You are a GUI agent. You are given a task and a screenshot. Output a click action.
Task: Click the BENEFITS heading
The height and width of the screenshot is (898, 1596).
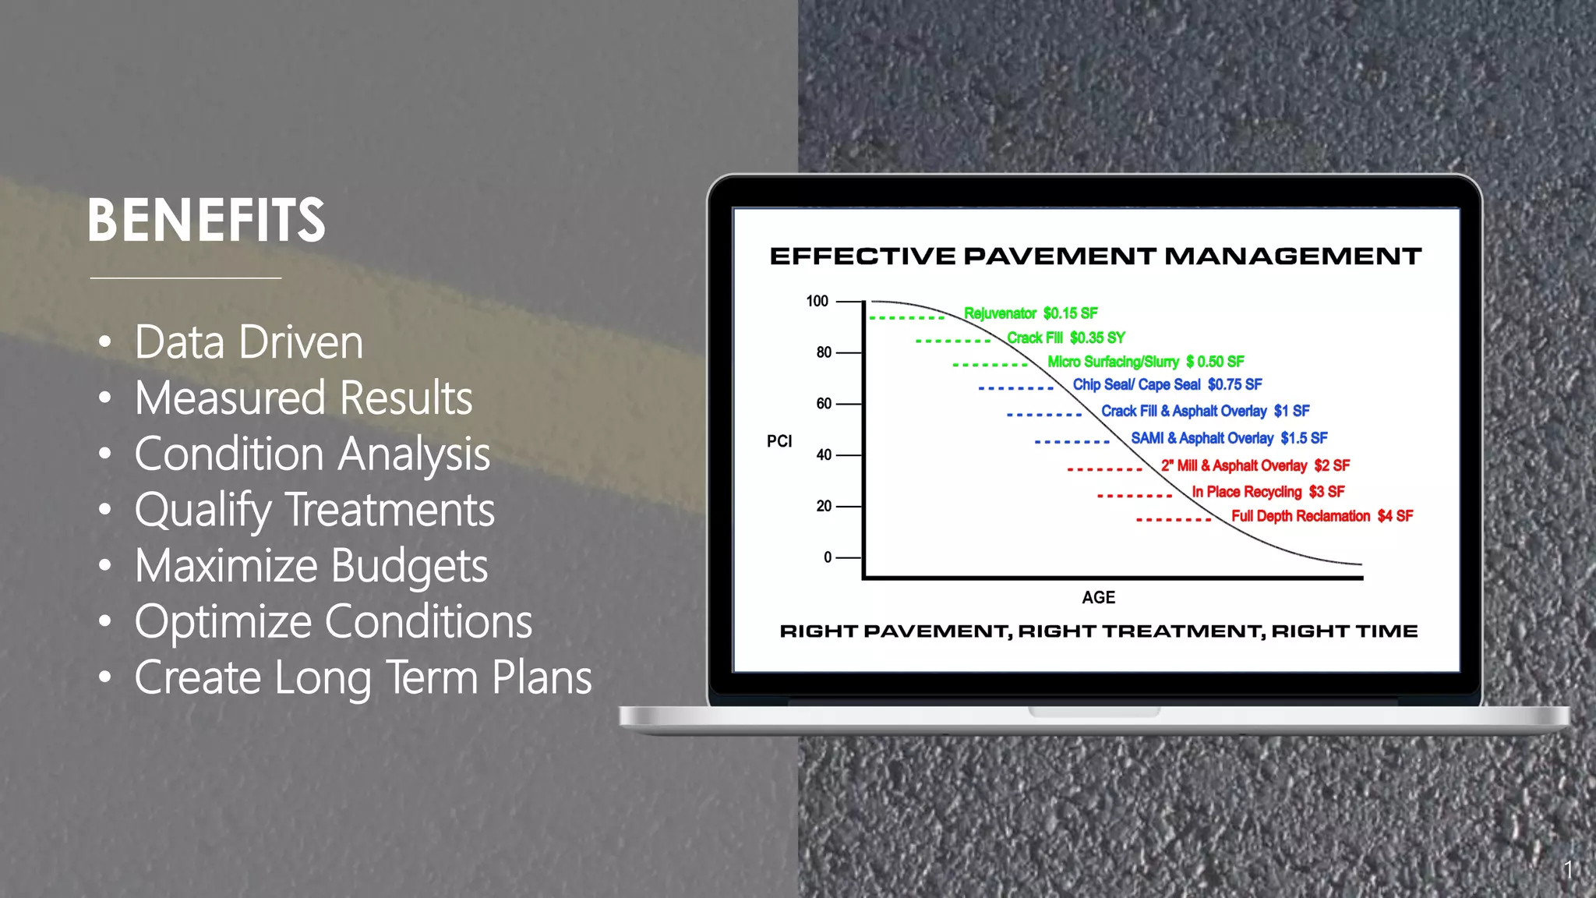coord(207,221)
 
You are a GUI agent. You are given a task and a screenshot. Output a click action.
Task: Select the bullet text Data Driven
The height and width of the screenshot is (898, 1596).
coord(249,342)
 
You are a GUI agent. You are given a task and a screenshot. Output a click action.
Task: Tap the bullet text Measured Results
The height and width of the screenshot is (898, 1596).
coord(303,398)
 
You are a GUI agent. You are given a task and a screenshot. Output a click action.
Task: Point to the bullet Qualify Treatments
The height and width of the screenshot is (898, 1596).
coord(314,511)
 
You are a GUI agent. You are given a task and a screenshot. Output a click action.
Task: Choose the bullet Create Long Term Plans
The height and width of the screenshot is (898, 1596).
coord(363,677)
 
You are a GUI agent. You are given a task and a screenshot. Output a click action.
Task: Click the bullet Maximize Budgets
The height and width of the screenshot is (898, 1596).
coord(311,566)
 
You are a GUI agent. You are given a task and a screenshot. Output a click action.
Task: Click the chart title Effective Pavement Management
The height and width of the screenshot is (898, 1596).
coord(1096,256)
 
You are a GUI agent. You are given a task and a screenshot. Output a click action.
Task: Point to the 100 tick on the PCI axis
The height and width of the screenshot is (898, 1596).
coord(817,302)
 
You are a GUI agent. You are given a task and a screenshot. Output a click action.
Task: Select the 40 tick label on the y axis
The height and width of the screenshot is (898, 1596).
coord(824,455)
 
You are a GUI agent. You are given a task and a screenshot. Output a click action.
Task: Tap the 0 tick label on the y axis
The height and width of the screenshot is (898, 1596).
coord(828,557)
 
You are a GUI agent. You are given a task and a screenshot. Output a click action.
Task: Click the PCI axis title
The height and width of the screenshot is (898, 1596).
coord(779,441)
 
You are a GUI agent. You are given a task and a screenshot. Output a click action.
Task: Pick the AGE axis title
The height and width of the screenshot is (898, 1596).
coord(1098,598)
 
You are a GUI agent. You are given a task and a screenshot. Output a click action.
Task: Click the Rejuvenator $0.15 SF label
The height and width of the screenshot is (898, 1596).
coord(1030,313)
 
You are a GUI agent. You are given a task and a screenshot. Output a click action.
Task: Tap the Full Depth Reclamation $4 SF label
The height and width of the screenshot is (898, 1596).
coord(1322,516)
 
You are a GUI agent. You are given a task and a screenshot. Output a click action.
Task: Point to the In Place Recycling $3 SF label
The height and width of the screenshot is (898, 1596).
coord(1268,492)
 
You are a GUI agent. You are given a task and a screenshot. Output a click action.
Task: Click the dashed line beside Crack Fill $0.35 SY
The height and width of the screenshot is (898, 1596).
coord(953,341)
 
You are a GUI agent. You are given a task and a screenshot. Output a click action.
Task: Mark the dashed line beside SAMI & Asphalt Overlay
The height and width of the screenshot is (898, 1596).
coord(1072,442)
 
